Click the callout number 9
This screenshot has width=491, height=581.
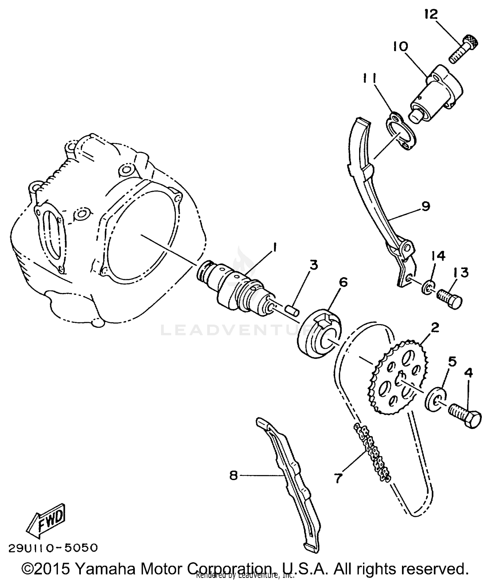(425, 206)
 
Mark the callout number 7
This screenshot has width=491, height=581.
(338, 478)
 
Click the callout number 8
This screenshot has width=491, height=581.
(233, 475)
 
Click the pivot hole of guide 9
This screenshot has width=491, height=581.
(407, 246)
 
